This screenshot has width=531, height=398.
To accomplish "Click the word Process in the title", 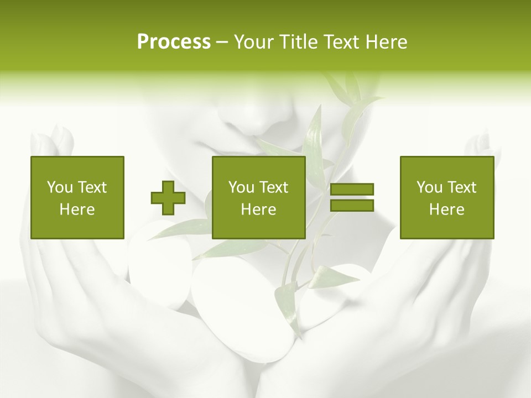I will click(x=174, y=42).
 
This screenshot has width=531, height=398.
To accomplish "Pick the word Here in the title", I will click(x=388, y=42).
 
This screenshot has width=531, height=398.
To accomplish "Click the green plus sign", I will click(x=168, y=197).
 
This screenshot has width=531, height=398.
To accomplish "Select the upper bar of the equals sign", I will click(x=352, y=190).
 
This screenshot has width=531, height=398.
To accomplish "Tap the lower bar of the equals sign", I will click(x=352, y=205).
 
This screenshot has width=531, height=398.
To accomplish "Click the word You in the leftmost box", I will click(x=60, y=187).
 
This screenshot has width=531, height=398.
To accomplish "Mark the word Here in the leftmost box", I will click(x=77, y=210).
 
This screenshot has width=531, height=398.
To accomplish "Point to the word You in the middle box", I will click(x=241, y=187).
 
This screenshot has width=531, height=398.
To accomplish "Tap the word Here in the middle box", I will click(x=258, y=210).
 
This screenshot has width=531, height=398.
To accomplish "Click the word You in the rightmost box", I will click(x=429, y=187).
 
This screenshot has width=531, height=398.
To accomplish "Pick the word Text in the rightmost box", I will click(x=461, y=187).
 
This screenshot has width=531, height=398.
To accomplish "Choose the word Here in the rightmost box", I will click(x=446, y=210).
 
